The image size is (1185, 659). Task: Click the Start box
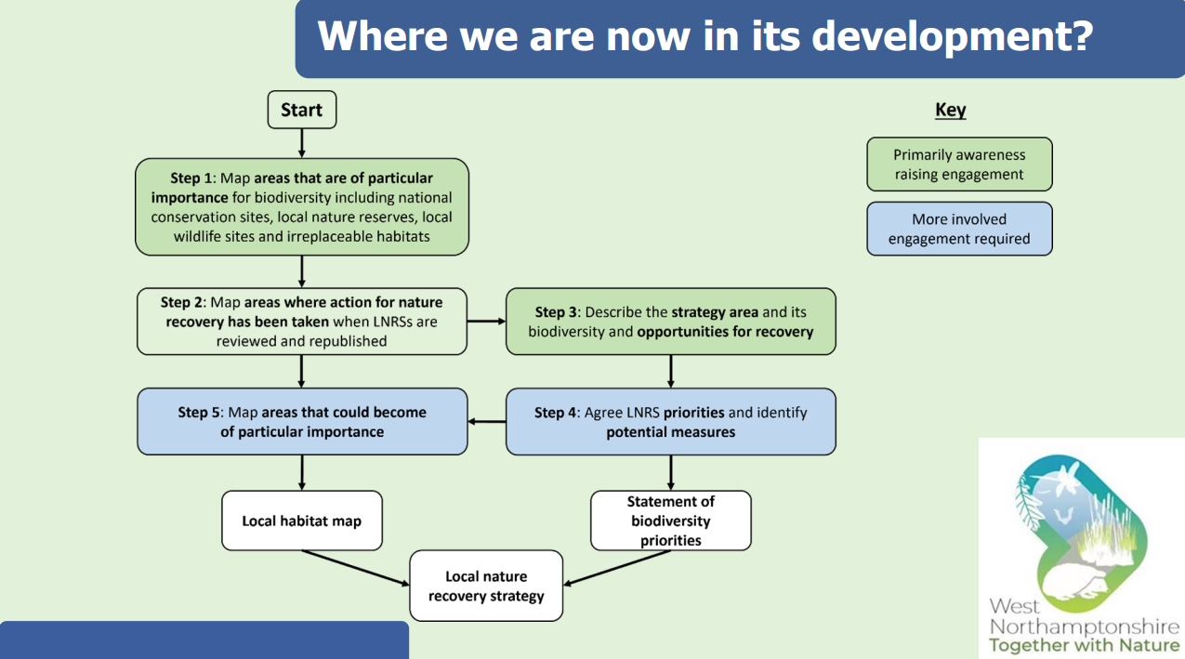click(x=301, y=110)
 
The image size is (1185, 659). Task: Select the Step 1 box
click(x=302, y=206)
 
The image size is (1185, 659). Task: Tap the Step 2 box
click(x=302, y=322)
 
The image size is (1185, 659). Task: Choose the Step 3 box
click(x=670, y=322)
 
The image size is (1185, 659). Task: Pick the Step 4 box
click(x=670, y=422)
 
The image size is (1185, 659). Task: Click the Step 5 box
click(x=302, y=422)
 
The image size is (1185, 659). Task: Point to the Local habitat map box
click(x=302, y=521)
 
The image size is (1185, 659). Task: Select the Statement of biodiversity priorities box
click(x=670, y=521)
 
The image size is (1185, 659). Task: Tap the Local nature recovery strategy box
click(x=486, y=586)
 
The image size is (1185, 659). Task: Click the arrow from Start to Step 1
click(x=302, y=143)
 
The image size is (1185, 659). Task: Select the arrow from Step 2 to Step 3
click(x=486, y=322)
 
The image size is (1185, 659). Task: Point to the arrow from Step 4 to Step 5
click(x=486, y=422)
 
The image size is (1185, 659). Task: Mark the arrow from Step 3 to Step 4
click(x=670, y=371)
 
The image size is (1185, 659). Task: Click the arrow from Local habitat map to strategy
click(x=356, y=568)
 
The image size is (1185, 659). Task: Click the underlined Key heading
click(x=950, y=110)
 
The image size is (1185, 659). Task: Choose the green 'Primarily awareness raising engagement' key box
click(x=959, y=165)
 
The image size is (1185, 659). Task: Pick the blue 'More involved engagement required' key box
click(x=959, y=229)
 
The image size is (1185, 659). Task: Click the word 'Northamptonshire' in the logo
click(x=1084, y=627)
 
